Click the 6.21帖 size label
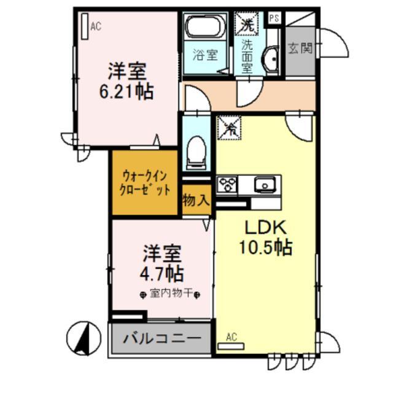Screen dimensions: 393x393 (128, 92)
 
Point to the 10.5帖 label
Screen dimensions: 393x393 (265, 247)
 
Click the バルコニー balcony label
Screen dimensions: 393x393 (161, 338)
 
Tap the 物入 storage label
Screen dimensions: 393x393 (196, 200)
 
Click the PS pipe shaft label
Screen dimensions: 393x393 (274, 18)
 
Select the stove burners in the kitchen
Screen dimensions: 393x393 (228, 183)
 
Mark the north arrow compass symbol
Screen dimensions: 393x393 (86, 337)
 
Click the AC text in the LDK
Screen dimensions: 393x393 (231, 337)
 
